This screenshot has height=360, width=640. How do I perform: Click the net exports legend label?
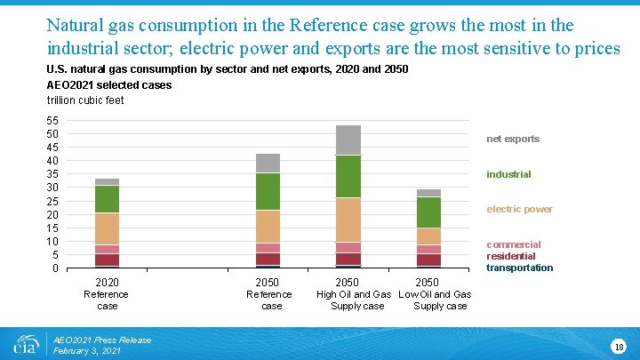(513, 139)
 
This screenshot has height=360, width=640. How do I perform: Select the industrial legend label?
(508, 174)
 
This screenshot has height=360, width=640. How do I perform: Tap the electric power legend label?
(519, 210)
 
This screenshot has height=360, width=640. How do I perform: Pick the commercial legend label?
(513, 244)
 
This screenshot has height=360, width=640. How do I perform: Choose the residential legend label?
(511, 256)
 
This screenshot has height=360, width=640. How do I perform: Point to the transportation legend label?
(519, 268)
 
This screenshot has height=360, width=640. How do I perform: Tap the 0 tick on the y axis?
(54, 268)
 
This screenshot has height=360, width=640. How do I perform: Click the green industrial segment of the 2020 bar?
(108, 199)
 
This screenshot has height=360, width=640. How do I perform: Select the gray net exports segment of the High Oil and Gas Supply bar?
(348, 140)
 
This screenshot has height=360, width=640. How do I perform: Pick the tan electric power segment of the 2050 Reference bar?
(268, 227)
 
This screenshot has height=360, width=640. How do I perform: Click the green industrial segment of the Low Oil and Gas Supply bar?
(428, 212)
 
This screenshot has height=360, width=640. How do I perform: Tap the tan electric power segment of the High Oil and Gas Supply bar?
(348, 220)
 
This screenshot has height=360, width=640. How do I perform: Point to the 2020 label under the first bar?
(107, 283)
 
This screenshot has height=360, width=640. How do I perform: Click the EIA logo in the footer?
(26, 344)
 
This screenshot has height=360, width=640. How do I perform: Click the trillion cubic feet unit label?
(85, 100)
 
